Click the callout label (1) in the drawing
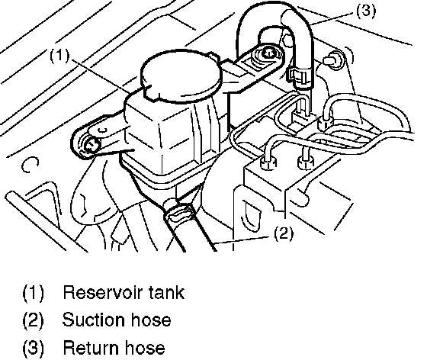tap(59, 55)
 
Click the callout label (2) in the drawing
tap(284, 233)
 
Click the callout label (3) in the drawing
tap(366, 11)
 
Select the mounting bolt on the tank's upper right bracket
tap(268, 53)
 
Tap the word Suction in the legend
tap(93, 320)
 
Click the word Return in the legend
tap(91, 348)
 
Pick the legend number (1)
tap(33, 293)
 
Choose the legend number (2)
tap(33, 320)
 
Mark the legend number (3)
tap(33, 349)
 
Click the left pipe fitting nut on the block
tap(268, 162)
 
